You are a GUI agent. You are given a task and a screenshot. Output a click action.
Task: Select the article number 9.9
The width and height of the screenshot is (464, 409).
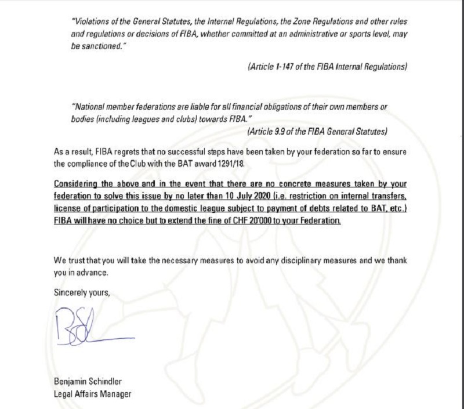[289, 132]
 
